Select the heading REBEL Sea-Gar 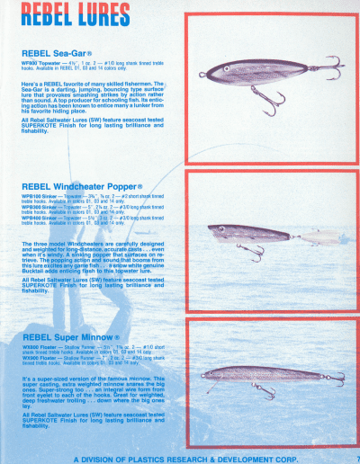(58, 52)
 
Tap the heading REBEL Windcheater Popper (82, 187)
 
